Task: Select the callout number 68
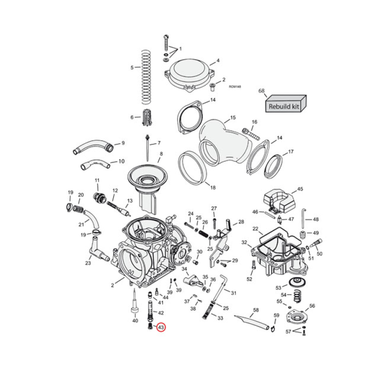262,91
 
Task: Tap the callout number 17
290,152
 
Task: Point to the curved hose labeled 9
92,146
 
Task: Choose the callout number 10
121,161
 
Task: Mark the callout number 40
135,321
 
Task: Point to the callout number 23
88,263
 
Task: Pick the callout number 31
234,293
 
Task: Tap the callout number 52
249,279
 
